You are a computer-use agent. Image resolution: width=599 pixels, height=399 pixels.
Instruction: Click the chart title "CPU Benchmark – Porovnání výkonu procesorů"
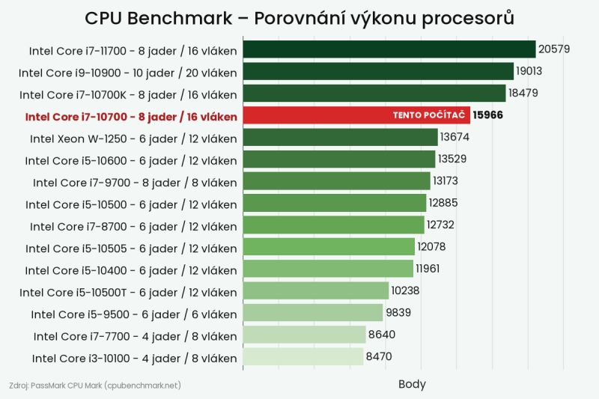click(299, 18)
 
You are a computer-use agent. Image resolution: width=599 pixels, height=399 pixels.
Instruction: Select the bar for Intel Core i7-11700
click(389, 49)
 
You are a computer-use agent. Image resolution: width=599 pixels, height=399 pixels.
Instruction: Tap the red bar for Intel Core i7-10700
click(356, 115)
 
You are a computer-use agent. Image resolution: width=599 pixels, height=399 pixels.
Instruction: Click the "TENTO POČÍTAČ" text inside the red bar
click(429, 115)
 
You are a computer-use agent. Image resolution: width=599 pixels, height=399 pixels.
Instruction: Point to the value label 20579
click(554, 49)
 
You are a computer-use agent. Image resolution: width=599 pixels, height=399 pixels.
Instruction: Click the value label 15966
click(488, 115)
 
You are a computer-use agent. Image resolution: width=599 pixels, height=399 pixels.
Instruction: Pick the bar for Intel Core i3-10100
click(303, 356)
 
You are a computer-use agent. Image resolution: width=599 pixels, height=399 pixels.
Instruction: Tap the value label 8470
click(379, 356)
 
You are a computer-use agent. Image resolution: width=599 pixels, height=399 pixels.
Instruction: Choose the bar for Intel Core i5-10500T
click(316, 290)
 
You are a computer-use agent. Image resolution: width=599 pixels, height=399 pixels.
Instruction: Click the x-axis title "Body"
click(412, 384)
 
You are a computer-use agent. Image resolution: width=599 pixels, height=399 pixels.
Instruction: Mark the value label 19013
click(529, 71)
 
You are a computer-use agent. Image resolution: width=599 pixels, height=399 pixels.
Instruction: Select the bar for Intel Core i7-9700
click(336, 181)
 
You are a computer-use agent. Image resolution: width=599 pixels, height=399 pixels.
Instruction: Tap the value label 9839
click(398, 313)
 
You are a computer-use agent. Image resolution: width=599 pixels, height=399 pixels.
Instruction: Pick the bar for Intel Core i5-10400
click(328, 269)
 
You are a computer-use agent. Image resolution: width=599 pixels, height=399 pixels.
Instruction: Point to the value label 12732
click(440, 225)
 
